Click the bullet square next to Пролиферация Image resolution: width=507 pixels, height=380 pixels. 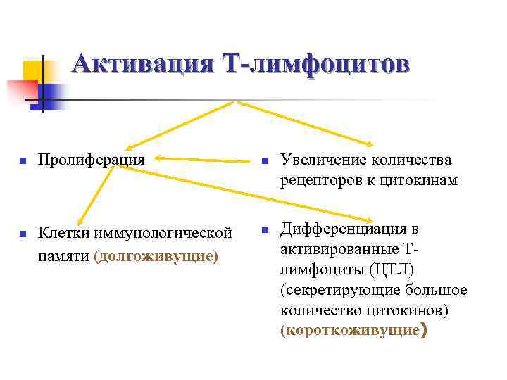tap(23, 161)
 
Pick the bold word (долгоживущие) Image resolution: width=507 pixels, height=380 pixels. tap(156, 255)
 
